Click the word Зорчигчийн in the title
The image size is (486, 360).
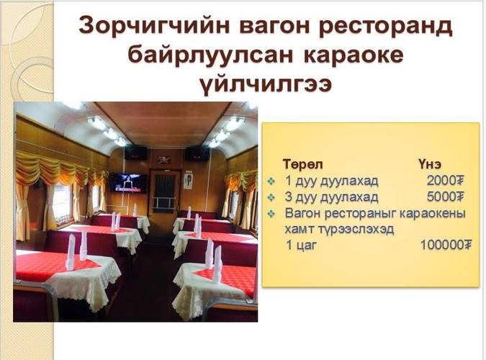(x=154, y=26)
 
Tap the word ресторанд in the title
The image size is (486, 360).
(x=385, y=26)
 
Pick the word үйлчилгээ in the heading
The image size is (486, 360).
(x=265, y=84)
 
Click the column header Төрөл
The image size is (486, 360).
(x=303, y=164)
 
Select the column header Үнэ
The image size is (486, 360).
(x=429, y=164)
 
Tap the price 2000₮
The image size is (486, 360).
(x=446, y=181)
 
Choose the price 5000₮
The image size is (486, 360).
(x=446, y=197)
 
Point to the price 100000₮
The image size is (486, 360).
(x=446, y=245)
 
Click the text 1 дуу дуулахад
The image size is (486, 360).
(x=331, y=181)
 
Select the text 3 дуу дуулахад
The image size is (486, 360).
(x=331, y=197)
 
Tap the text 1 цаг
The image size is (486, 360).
(x=301, y=246)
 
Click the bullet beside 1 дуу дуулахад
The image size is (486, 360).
(x=271, y=181)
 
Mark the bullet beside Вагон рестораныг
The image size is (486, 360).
(x=271, y=213)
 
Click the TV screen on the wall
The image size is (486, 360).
(x=127, y=183)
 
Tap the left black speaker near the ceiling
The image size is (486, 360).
(x=136, y=153)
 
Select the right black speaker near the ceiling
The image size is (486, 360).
(x=197, y=153)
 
